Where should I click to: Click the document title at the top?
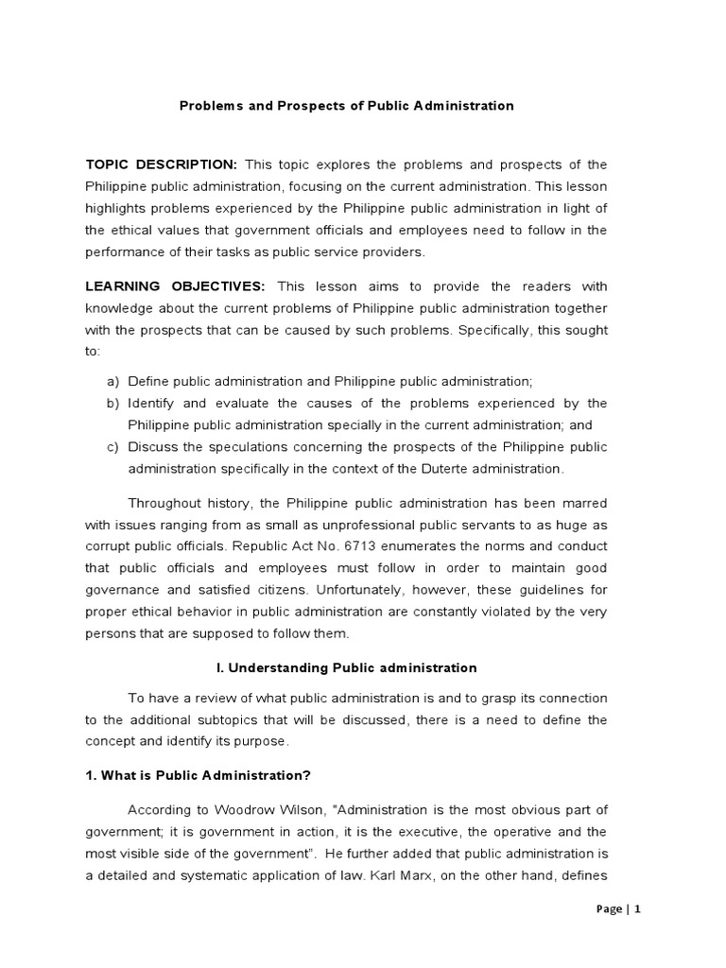point(347,106)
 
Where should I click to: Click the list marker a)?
point(112,380)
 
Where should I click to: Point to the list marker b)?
point(112,403)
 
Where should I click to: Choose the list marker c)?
point(112,446)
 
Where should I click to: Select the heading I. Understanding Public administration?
point(347,667)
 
